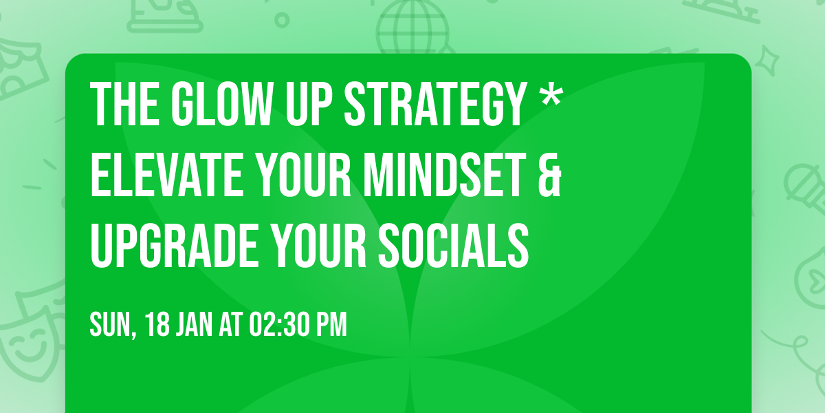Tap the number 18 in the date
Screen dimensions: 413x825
(158, 325)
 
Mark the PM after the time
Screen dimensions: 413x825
(333, 325)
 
